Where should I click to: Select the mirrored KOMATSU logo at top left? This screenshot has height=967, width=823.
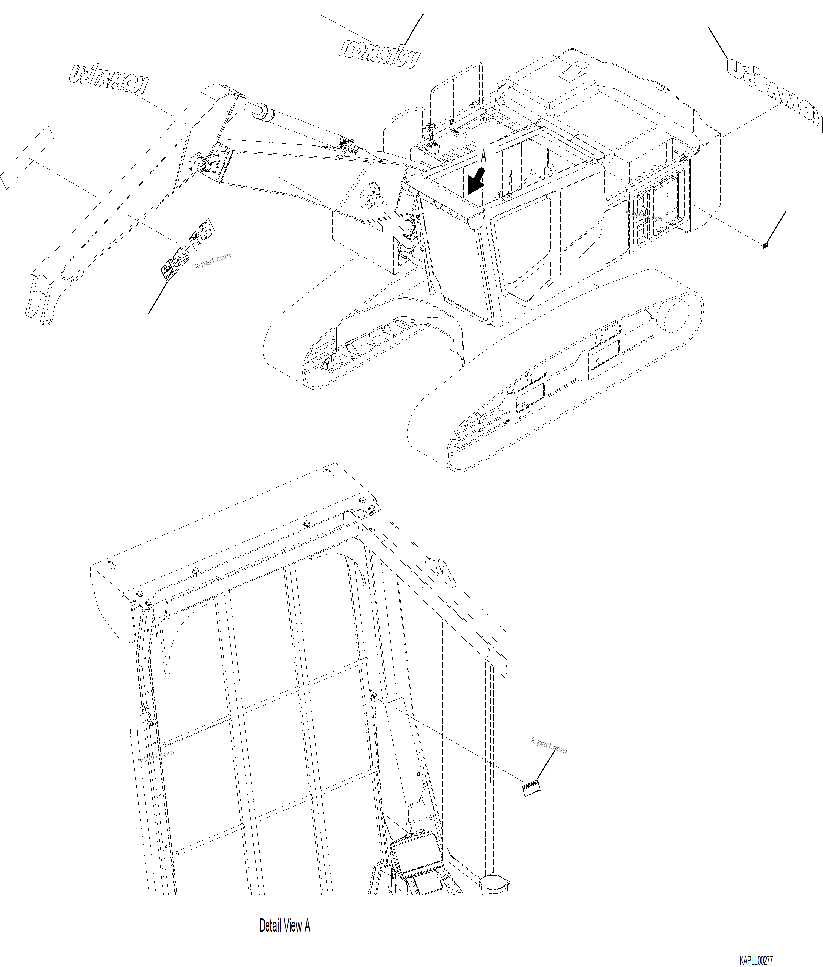[110, 77]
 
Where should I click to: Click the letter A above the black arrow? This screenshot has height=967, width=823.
[484, 156]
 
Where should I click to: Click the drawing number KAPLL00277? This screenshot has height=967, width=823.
[756, 960]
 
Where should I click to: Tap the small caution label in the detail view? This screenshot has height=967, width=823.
[531, 788]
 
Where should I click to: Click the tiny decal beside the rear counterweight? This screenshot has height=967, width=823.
[764, 247]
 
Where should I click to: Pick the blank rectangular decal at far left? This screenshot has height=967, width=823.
[27, 157]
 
